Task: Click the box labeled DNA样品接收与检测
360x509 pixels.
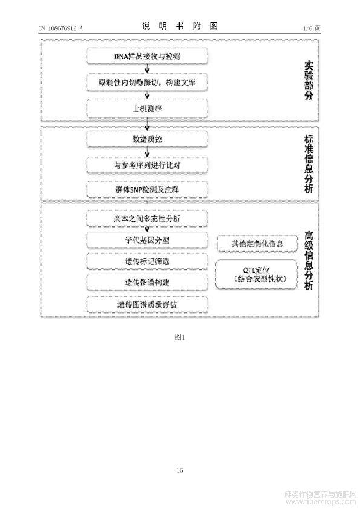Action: (147, 56)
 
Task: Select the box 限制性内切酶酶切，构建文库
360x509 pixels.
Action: (147, 82)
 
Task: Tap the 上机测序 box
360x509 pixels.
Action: (147, 108)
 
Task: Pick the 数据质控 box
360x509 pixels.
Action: (147, 139)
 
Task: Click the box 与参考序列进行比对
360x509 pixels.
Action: (147, 165)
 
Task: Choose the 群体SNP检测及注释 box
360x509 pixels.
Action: (147, 190)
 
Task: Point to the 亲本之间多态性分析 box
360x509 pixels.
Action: (147, 218)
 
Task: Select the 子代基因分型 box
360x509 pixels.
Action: (147, 240)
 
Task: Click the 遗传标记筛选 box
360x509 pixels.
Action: (147, 261)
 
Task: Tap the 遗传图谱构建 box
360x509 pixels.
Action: (147, 282)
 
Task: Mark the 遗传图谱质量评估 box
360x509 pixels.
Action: (147, 305)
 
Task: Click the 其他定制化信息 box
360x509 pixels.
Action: (257, 244)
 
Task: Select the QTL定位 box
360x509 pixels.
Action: (257, 274)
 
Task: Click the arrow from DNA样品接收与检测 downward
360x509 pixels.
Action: (147, 68)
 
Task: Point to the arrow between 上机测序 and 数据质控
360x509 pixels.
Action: (147, 124)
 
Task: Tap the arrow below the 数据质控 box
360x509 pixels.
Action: (147, 152)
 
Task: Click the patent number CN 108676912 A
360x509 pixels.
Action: (61, 28)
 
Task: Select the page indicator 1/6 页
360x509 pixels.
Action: (312, 28)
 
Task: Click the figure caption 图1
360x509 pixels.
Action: (179, 337)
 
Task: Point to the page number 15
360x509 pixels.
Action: (180, 470)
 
